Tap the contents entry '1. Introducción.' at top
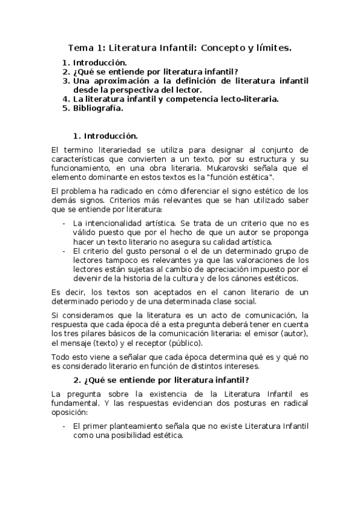[x=94, y=62]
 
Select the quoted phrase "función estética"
[x=242, y=178]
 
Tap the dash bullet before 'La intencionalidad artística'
[x=64, y=223]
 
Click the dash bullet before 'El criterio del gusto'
[x=64, y=251]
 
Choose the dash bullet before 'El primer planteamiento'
[x=64, y=426]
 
